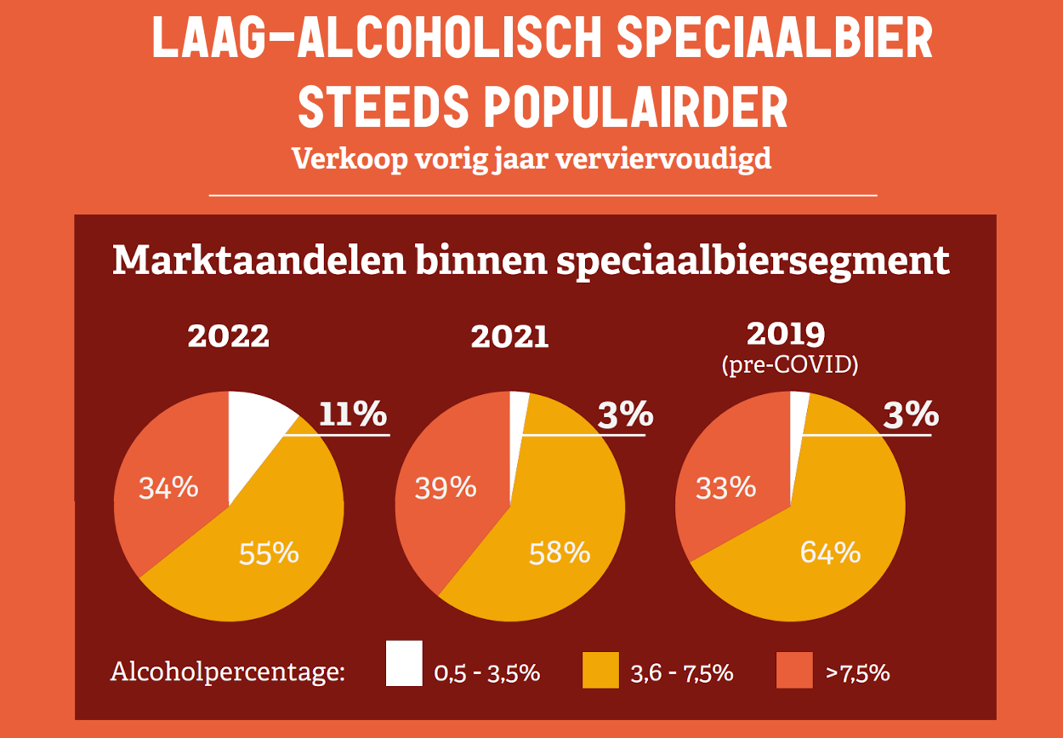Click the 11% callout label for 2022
[x=353, y=415]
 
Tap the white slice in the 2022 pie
[x=255, y=426]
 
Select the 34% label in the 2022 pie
[x=168, y=488]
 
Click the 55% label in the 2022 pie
[x=269, y=553]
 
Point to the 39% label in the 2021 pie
[x=445, y=488]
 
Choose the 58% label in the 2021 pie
[x=559, y=553]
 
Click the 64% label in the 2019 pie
[x=830, y=553]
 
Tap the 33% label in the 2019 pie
[x=725, y=488]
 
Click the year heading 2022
[x=228, y=336]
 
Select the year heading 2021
[x=509, y=337]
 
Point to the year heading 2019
[x=789, y=333]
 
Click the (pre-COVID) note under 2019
[x=789, y=365]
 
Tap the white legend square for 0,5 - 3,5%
[x=404, y=664]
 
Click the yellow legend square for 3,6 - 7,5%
[x=600, y=670]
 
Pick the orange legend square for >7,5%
[x=795, y=670]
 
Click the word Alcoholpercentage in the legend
[x=228, y=672]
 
